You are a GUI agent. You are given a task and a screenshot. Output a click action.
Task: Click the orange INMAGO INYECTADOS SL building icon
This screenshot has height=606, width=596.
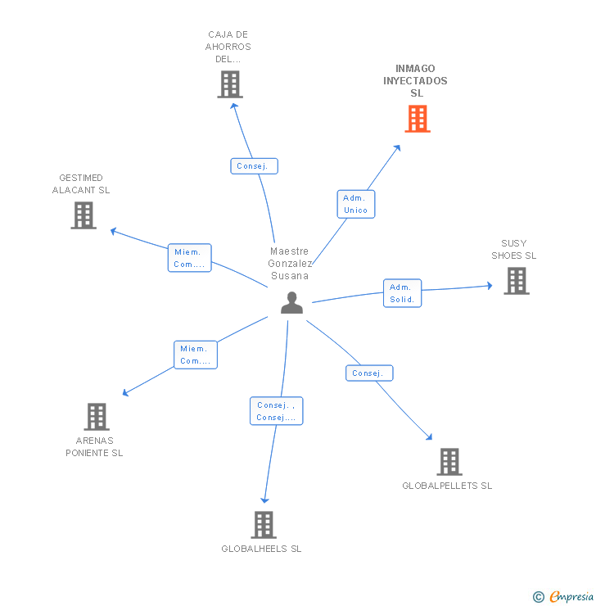pyautogui.click(x=418, y=119)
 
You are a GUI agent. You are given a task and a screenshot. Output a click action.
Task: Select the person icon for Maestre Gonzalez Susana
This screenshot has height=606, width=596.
pyautogui.click(x=291, y=303)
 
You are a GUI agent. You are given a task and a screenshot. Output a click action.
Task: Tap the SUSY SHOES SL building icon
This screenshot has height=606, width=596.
pyautogui.click(x=516, y=281)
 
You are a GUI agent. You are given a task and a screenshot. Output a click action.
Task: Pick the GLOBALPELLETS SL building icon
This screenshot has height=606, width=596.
pyautogui.click(x=449, y=462)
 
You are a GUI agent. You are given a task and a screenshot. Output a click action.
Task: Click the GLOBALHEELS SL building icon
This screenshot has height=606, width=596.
pyautogui.click(x=263, y=524)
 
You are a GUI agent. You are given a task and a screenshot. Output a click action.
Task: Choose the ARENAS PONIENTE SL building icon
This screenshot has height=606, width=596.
pyautogui.click(x=97, y=417)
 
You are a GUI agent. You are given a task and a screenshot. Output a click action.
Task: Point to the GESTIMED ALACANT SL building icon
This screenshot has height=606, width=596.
pyautogui.click(x=84, y=215)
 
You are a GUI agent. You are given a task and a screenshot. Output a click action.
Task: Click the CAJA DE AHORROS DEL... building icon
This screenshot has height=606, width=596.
pyautogui.click(x=230, y=84)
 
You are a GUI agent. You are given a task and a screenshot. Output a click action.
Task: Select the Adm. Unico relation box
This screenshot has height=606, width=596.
pyautogui.click(x=355, y=204)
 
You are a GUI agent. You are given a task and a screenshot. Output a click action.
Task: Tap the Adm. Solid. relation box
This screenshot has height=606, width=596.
pyautogui.click(x=402, y=293)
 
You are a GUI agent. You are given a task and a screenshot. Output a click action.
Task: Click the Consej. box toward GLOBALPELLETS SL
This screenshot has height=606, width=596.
pyautogui.click(x=368, y=373)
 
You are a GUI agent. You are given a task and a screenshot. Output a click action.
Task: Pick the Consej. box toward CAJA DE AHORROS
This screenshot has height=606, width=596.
pyautogui.click(x=254, y=166)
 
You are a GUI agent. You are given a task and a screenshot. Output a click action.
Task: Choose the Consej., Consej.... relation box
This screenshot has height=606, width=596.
pyautogui.click(x=277, y=411)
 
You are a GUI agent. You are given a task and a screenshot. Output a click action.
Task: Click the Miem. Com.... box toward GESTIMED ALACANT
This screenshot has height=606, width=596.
pyautogui.click(x=189, y=258)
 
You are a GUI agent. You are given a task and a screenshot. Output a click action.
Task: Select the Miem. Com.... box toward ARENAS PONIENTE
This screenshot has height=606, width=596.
pyautogui.click(x=195, y=355)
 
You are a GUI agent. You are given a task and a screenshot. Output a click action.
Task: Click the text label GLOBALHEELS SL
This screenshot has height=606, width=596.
pyautogui.click(x=261, y=549)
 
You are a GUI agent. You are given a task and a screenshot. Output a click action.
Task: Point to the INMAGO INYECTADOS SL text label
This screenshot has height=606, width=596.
pyautogui.click(x=415, y=80)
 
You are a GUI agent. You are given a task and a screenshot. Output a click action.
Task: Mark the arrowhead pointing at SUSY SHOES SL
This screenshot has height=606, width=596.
pyautogui.click(x=489, y=286)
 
